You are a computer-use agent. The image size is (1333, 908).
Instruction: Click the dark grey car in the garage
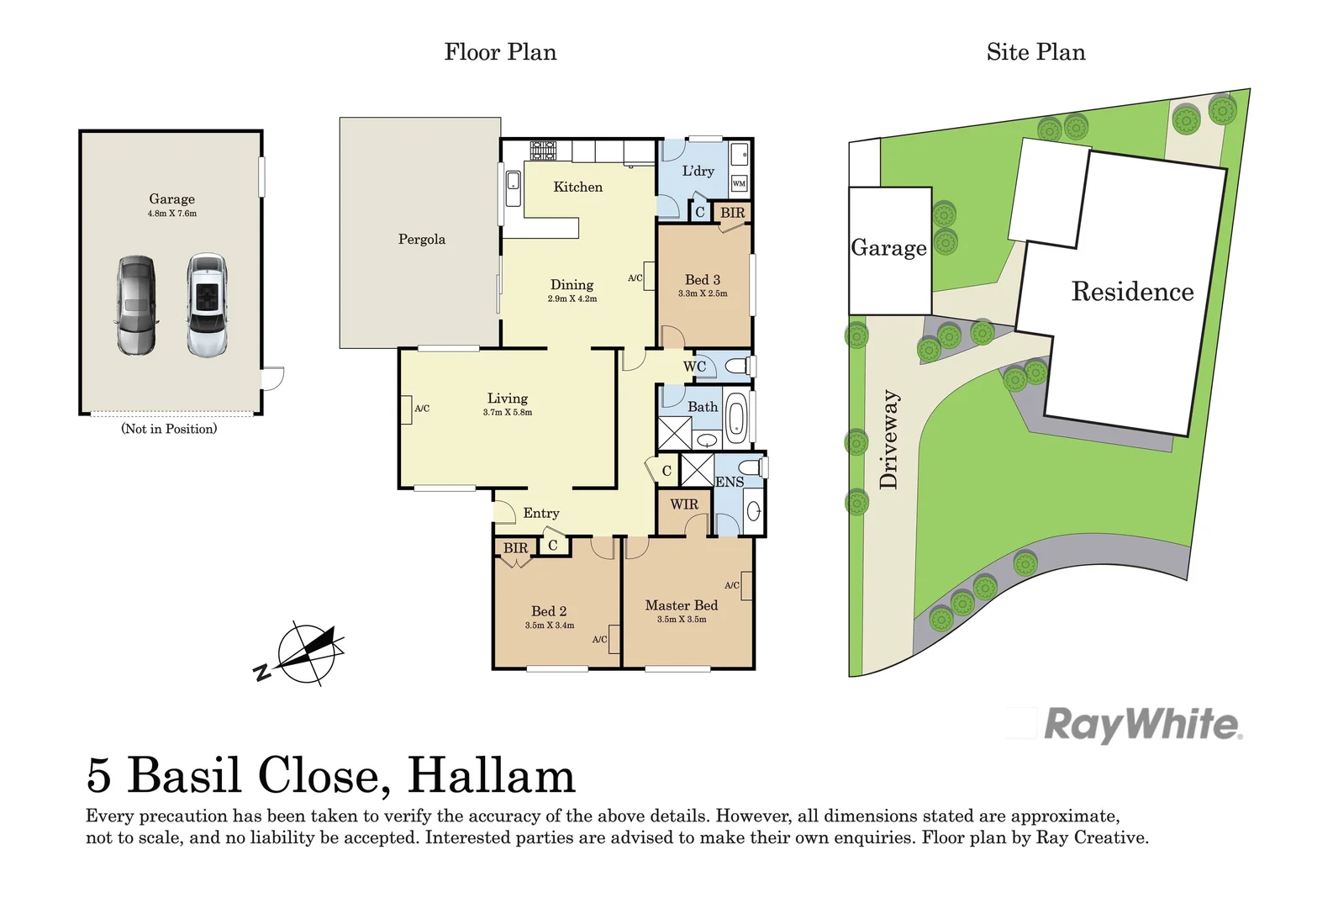click(x=136, y=305)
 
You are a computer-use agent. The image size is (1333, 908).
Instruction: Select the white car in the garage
click(x=207, y=305)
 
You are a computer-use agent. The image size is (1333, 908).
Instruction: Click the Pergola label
click(x=421, y=240)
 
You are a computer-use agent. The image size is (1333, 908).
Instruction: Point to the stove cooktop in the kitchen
click(x=543, y=150)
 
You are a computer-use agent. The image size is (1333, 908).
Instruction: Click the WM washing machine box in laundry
click(x=739, y=183)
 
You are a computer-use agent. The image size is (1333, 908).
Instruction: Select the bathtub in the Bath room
click(x=735, y=418)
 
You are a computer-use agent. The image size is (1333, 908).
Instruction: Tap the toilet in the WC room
click(x=738, y=367)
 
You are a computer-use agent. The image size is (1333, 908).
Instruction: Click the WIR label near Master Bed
click(x=684, y=504)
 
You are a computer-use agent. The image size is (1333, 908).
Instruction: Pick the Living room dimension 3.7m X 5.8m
click(x=508, y=413)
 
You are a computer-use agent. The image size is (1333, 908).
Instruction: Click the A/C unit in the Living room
click(x=407, y=409)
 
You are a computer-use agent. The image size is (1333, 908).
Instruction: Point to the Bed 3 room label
click(x=703, y=279)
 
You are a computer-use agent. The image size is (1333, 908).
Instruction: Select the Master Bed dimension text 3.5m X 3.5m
click(x=682, y=620)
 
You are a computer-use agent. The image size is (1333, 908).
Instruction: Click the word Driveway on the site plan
click(x=888, y=439)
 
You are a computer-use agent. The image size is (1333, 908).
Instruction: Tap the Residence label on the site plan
click(x=1132, y=292)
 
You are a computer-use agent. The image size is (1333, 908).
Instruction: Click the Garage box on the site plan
click(x=889, y=250)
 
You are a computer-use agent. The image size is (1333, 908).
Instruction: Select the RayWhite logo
click(x=1142, y=725)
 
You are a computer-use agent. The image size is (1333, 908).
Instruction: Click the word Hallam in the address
click(x=492, y=776)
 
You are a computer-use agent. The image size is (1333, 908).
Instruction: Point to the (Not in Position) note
click(x=169, y=429)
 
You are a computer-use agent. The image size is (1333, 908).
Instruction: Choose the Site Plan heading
click(x=1035, y=52)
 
